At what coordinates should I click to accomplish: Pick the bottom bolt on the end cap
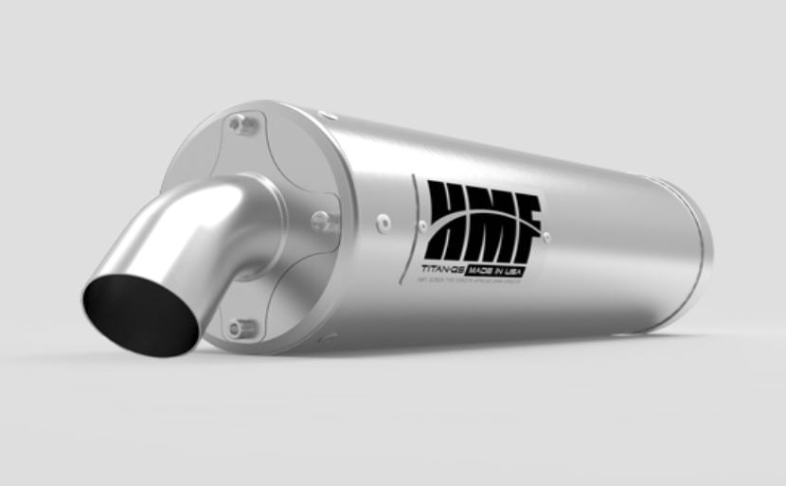(242, 328)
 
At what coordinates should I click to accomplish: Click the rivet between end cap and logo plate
(383, 224)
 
